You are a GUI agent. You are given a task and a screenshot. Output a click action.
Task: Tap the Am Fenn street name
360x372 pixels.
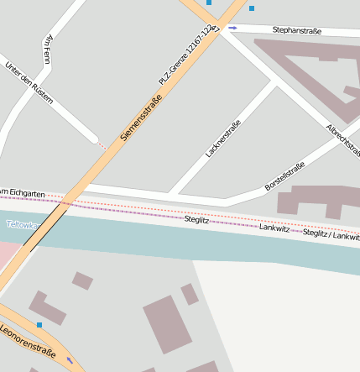tap(47, 50)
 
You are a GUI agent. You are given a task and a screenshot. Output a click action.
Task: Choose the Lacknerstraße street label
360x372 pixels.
tap(222, 139)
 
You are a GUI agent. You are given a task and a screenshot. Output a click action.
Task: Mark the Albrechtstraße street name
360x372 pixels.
tap(343, 140)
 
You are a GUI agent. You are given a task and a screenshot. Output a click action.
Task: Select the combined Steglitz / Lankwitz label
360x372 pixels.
tap(331, 236)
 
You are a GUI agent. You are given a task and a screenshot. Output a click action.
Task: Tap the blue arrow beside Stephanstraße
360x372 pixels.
tap(232, 28)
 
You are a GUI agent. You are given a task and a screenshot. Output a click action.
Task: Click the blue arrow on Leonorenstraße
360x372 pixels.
tap(70, 360)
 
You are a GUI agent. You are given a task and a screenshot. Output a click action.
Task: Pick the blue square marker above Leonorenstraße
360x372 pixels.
tap(39, 324)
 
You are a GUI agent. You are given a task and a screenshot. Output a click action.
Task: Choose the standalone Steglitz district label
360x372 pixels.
tap(196, 219)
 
